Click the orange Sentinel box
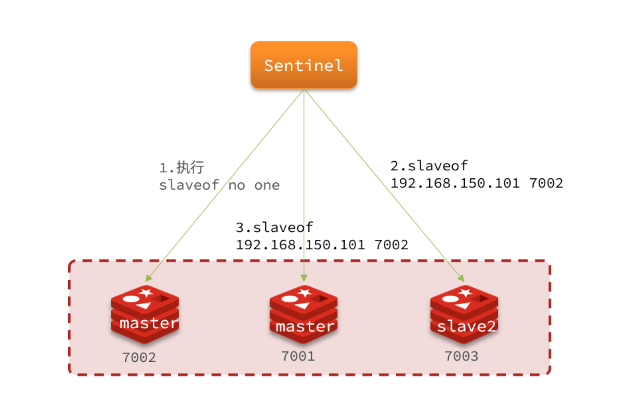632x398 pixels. click(x=304, y=65)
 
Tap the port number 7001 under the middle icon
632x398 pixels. click(x=298, y=356)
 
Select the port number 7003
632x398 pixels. click(x=462, y=356)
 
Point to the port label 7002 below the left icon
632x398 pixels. click(x=139, y=357)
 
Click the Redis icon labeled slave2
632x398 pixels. click(x=464, y=314)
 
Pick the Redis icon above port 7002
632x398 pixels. click(x=145, y=314)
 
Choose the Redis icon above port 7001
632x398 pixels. click(x=304, y=314)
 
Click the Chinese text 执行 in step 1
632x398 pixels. click(x=190, y=167)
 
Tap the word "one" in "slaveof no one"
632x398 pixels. click(x=267, y=185)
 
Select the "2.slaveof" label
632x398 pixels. click(x=429, y=166)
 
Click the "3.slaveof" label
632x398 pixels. click(x=274, y=227)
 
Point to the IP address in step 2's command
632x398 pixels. click(x=455, y=183)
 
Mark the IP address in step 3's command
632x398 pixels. click(x=300, y=245)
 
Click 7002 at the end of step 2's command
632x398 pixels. click(x=546, y=183)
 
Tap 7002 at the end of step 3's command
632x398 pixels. click(x=391, y=245)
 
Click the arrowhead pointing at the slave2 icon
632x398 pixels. click(x=461, y=278)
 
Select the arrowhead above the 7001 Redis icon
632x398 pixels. click(x=304, y=278)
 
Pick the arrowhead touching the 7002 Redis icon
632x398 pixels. click(x=148, y=278)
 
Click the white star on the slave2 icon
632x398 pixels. click(x=465, y=292)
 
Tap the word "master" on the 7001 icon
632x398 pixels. click(x=304, y=326)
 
